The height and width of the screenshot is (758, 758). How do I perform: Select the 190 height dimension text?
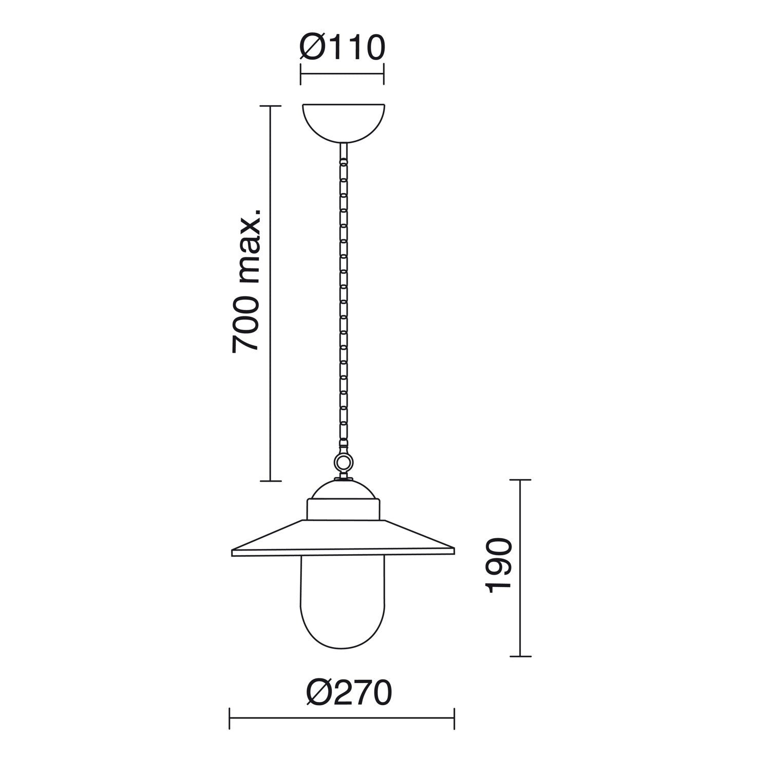click(x=500, y=566)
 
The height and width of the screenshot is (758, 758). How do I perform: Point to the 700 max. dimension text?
click(x=247, y=280)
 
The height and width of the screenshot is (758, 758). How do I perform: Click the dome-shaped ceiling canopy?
click(x=343, y=123)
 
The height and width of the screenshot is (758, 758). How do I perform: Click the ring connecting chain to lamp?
click(x=343, y=463)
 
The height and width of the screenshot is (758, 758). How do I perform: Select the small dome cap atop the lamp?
click(x=343, y=489)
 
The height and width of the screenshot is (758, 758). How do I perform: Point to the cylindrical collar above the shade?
click(x=343, y=509)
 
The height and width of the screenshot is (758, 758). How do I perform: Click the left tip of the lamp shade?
click(x=232, y=553)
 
